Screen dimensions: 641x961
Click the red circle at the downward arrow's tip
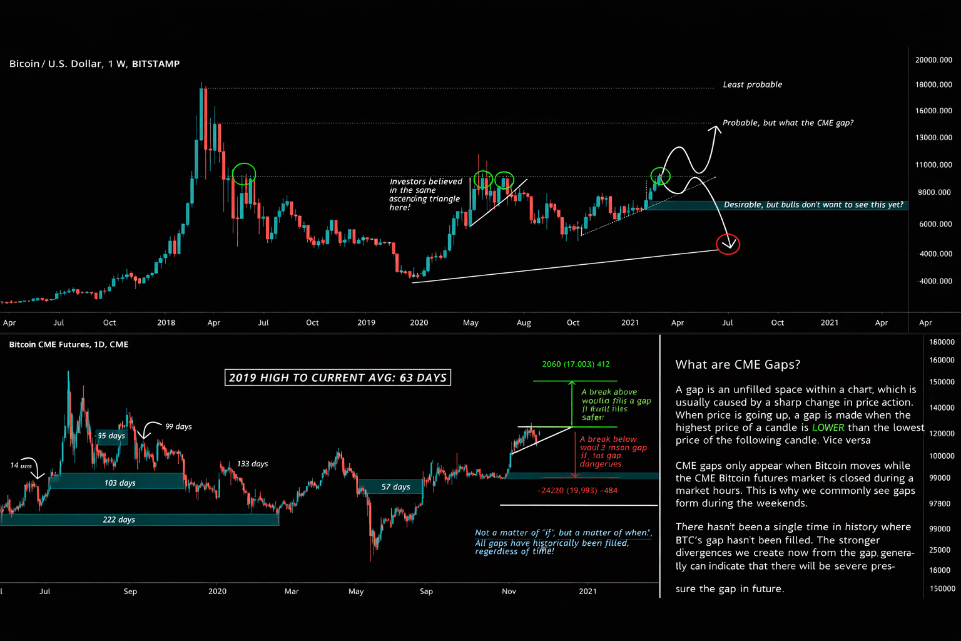coord(728,244)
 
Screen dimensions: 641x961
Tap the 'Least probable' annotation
coord(752,85)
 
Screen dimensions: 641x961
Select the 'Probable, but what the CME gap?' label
coord(788,123)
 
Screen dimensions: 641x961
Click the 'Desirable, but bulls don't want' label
coord(813,205)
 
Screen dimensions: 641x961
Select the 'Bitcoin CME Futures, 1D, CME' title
coord(69,344)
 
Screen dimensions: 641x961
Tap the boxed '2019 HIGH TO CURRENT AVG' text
coord(338,377)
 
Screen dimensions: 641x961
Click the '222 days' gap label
coord(119,520)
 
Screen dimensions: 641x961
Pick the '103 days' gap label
coord(119,483)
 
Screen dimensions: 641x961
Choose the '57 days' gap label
coord(395,486)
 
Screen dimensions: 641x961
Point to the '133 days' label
coord(252,464)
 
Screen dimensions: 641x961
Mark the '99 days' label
coord(178,426)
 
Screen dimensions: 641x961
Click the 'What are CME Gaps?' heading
coord(738,364)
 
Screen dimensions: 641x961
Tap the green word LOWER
coord(828,428)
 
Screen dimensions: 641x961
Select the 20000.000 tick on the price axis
coord(933,60)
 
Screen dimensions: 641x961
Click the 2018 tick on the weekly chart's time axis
coord(166,322)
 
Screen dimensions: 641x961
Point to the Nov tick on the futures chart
coord(509,591)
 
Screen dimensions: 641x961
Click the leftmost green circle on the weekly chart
coord(244,173)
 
